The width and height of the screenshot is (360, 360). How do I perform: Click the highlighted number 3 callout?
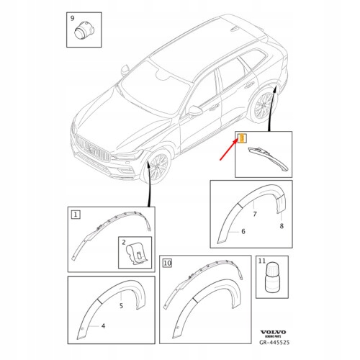[x=242, y=138]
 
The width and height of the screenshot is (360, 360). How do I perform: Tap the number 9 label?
[x=73, y=18]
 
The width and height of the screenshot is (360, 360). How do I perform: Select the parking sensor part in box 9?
[x=83, y=31]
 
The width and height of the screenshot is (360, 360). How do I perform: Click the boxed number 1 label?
[x=76, y=215]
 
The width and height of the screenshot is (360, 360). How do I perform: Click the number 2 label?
[x=124, y=242]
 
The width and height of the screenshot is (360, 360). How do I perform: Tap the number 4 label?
[x=103, y=326]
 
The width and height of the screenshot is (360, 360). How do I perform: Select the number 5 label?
[x=121, y=306]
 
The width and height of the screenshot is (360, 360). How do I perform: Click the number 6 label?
[x=243, y=231]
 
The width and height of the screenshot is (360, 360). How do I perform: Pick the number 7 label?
[x=255, y=214]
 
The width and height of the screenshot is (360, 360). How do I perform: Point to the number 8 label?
[x=282, y=226]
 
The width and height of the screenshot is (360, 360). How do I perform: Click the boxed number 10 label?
[x=168, y=263]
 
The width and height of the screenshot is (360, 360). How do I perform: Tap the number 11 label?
[x=262, y=261]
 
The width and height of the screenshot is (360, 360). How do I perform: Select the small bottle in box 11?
[x=274, y=277]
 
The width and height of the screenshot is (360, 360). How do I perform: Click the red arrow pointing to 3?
[x=229, y=150]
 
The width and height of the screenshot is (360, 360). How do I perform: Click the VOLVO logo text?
[x=274, y=332]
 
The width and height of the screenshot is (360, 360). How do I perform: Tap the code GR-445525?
[x=274, y=342]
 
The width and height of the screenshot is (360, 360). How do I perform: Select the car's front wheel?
[x=156, y=166]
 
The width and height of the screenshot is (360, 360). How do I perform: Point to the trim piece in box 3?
[x=268, y=158]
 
